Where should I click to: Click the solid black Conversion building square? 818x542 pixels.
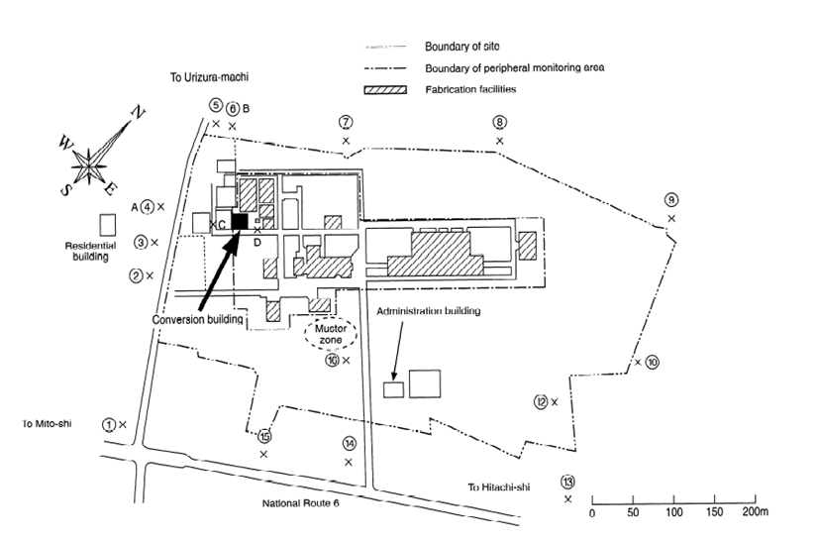coord(239,221)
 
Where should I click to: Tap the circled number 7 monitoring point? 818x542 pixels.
coord(346,123)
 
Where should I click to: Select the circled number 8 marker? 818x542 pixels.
coord(500,123)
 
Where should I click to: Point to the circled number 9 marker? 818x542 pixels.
coord(671,200)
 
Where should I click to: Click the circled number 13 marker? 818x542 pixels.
coord(567,482)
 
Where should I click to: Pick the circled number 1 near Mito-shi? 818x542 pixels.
coord(108,424)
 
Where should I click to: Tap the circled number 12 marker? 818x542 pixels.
coord(541,401)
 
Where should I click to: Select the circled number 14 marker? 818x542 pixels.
coord(349,444)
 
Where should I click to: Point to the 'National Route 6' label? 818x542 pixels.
coord(307,503)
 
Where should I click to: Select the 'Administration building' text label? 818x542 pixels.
coord(429,311)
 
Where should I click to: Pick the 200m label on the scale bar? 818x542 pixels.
coord(754,513)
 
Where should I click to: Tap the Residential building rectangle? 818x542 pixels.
coord(105,225)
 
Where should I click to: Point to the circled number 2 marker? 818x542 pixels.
coord(136,275)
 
